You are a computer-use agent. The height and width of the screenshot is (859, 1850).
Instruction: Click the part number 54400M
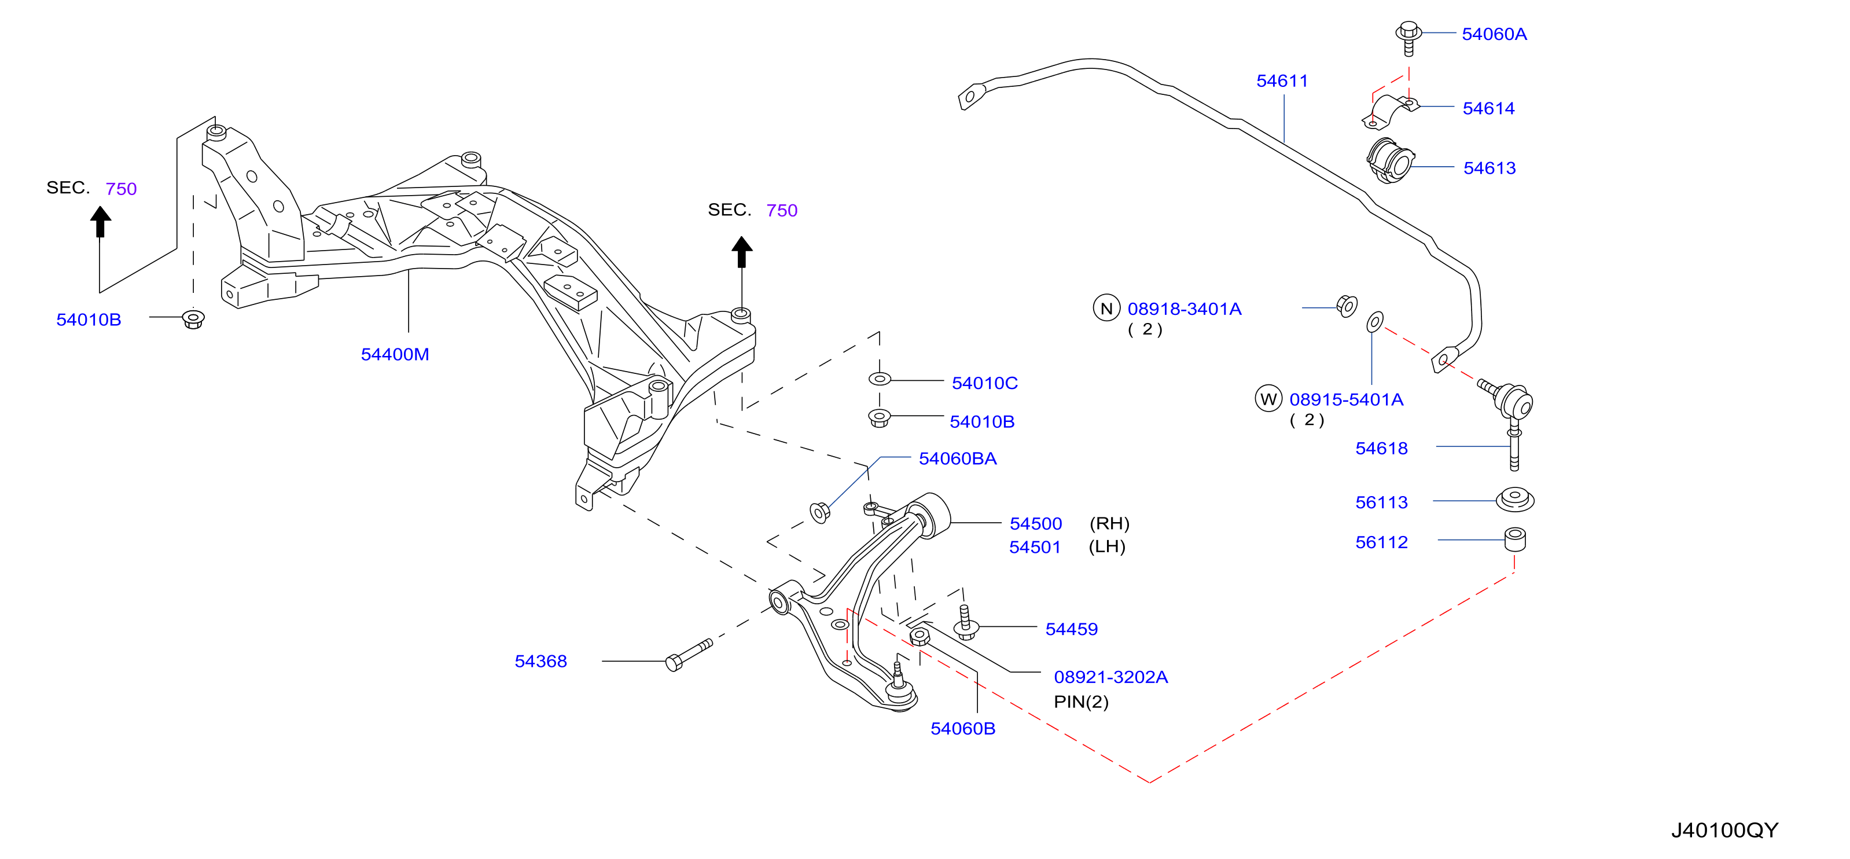(x=395, y=354)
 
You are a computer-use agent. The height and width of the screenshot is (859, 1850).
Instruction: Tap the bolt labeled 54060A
(x=1408, y=38)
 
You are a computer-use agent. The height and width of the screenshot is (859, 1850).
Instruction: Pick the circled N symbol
(x=1106, y=308)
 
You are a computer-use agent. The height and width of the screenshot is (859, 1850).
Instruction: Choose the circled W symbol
(x=1268, y=399)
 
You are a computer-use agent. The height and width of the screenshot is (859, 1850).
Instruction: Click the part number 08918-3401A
(x=1185, y=309)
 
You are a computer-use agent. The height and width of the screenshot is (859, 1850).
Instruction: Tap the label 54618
(x=1381, y=448)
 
